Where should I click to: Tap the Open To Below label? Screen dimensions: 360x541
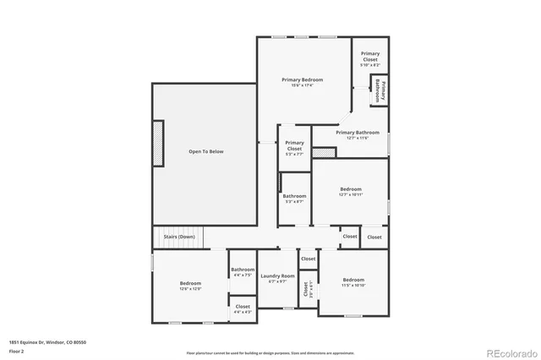click(x=205, y=152)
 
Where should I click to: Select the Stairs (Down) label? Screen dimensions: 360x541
click(x=179, y=237)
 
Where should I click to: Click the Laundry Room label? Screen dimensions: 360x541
click(x=277, y=278)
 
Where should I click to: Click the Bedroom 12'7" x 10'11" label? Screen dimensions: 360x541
click(x=351, y=191)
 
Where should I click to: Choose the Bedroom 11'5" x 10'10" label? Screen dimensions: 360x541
click(x=353, y=281)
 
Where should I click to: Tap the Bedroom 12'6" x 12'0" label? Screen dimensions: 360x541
click(x=190, y=286)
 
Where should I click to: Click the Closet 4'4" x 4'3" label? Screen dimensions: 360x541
click(x=243, y=308)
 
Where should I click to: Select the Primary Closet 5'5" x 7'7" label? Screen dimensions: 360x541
click(x=294, y=148)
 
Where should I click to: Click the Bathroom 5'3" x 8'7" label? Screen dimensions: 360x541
click(x=294, y=199)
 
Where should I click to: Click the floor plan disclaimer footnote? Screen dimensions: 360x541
click(x=270, y=352)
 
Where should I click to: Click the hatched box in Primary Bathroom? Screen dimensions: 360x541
click(x=324, y=153)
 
